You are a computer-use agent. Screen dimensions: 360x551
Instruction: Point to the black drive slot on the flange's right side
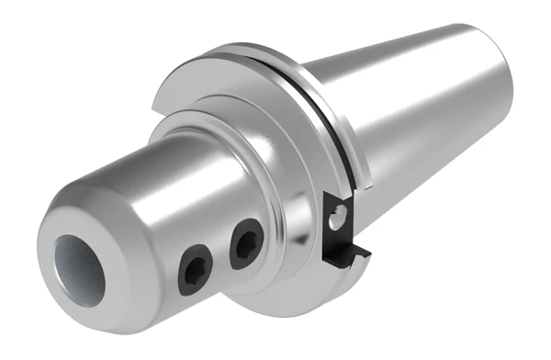(340, 220)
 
